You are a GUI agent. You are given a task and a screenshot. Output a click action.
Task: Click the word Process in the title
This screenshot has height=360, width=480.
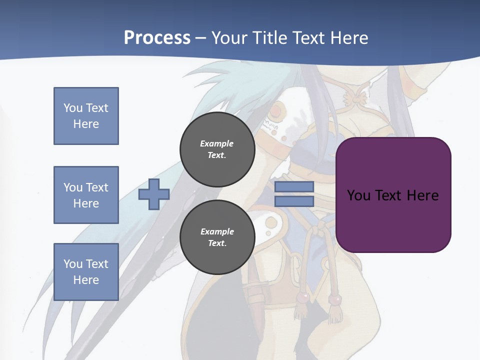click(157, 38)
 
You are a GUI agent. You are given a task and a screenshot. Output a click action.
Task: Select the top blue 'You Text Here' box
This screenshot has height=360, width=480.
click(86, 116)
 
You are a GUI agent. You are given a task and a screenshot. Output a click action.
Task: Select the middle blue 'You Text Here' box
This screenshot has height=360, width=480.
click(86, 195)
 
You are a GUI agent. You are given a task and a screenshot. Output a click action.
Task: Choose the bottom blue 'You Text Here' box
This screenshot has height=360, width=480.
click(86, 272)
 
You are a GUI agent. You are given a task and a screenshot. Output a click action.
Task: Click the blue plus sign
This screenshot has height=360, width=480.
click(154, 194)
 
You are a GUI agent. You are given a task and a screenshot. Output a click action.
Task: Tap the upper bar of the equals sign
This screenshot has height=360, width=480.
click(294, 187)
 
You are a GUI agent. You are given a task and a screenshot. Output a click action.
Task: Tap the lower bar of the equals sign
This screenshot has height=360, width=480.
click(294, 201)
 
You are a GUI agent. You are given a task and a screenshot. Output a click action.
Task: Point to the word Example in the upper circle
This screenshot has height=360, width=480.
click(217, 143)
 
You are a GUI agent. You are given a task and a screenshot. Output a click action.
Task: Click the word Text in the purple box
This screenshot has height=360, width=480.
click(388, 195)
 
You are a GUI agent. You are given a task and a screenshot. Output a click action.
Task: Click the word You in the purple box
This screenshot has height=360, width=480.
click(358, 195)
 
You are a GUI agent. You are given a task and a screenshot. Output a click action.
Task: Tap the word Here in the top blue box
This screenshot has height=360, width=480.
click(86, 124)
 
